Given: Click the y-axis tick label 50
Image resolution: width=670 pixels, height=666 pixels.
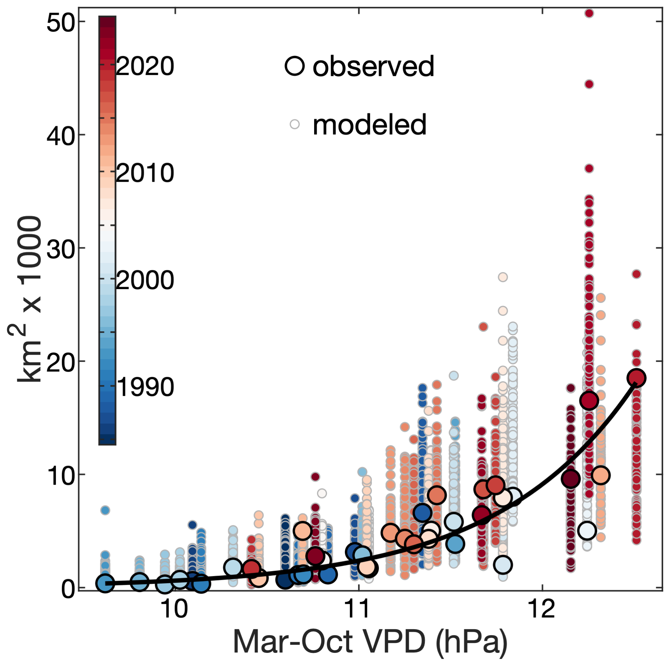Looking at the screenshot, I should [x=61, y=24].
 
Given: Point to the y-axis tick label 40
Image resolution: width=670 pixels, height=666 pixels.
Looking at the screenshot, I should [x=61, y=137].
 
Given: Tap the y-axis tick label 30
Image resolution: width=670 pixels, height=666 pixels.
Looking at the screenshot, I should [x=61, y=249].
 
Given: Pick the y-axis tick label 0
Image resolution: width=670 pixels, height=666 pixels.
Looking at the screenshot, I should [x=68, y=589].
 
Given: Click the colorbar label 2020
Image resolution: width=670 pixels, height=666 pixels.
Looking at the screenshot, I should [x=145, y=66].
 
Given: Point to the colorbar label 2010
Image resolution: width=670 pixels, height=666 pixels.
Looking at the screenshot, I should [x=145, y=173].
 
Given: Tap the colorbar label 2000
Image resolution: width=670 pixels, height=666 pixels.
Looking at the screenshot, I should [x=145, y=280].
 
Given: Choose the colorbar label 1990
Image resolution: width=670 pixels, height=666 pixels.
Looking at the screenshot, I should [x=145, y=387].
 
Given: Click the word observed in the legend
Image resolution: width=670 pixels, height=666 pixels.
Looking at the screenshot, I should [x=373, y=66].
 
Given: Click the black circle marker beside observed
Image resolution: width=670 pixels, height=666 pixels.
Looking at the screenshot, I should [x=295, y=66].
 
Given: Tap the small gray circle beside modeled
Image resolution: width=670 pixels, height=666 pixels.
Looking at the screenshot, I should [x=295, y=124].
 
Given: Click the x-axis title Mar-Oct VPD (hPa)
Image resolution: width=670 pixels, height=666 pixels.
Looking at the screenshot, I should [x=370, y=642].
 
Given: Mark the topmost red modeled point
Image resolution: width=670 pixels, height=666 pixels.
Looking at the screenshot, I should [x=589, y=13].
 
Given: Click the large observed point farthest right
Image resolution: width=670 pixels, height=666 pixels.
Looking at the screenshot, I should [x=636, y=378].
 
